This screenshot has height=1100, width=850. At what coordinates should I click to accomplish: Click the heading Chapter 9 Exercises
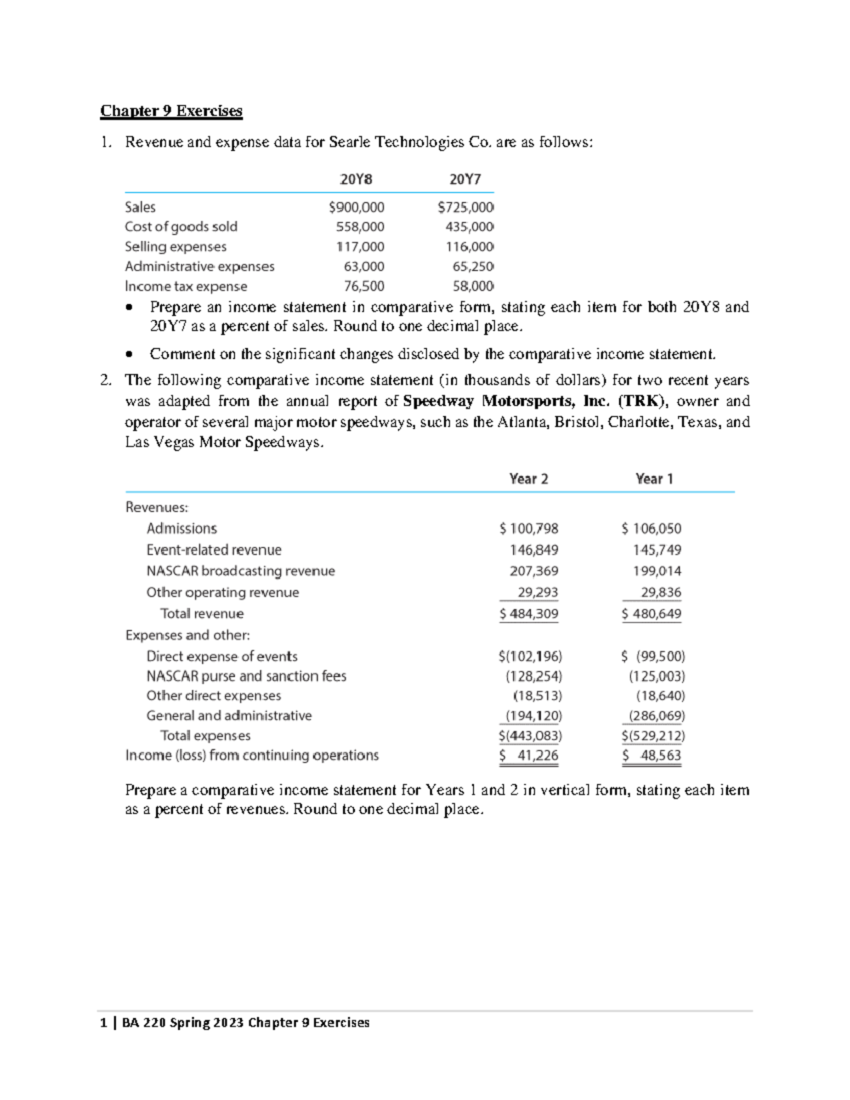(171, 111)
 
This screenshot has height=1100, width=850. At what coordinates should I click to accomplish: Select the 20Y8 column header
(356, 180)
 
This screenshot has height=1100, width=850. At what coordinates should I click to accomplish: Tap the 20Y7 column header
(465, 180)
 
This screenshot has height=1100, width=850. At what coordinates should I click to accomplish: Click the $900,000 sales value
(356, 208)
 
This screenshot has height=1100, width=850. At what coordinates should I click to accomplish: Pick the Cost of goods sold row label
(181, 227)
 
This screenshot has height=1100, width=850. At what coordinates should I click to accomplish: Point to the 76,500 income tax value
(364, 287)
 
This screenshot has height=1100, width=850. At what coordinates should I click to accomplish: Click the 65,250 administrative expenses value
(472, 267)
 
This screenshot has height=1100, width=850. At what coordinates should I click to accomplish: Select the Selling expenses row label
(176, 247)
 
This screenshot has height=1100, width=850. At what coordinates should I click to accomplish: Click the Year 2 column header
(528, 480)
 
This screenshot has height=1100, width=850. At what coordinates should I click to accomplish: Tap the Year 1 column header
(654, 480)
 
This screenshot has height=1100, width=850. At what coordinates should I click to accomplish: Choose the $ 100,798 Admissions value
(528, 529)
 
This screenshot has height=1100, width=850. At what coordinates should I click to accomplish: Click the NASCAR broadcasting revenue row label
(241, 572)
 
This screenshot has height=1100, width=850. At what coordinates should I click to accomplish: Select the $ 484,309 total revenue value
(528, 614)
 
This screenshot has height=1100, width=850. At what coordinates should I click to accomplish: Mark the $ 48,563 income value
(652, 756)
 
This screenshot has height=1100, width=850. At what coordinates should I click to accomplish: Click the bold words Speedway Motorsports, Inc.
(506, 402)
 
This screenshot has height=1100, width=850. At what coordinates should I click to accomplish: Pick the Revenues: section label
(157, 508)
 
